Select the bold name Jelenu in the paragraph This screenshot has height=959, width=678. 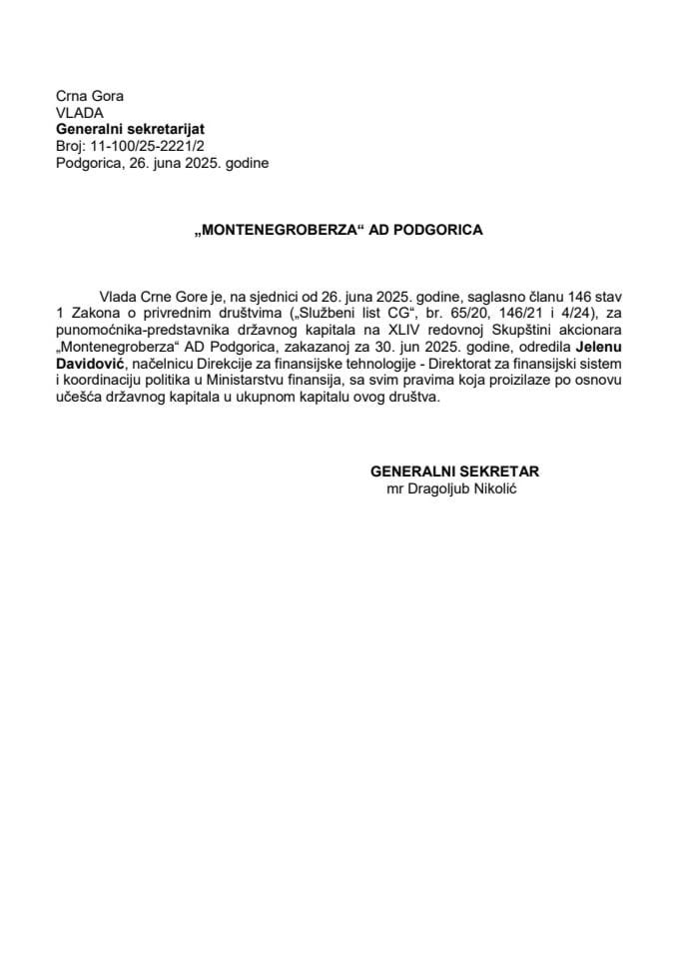pyautogui.click(x=596, y=345)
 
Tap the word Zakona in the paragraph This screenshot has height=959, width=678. pyautogui.click(x=93, y=313)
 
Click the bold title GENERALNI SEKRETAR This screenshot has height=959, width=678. pyautogui.click(x=460, y=471)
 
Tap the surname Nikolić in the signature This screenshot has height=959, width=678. pyautogui.click(x=506, y=486)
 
